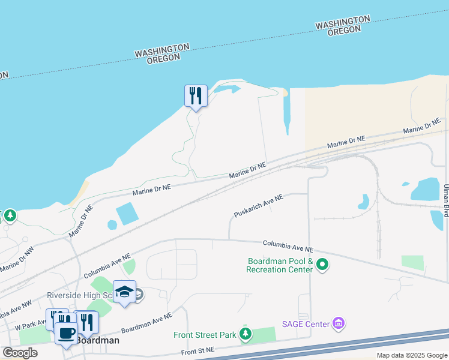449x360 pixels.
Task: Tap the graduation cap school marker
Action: tap(124, 292)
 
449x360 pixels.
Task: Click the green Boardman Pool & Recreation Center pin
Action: tap(322, 264)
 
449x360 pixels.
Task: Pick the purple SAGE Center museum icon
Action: tap(339, 324)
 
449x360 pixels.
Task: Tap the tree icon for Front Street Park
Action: tap(245, 334)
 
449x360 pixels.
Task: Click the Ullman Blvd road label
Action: tap(445, 202)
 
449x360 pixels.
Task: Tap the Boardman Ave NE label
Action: tap(146, 322)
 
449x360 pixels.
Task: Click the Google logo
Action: tap(20, 353)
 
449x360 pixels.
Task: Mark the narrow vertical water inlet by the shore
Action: tap(286, 114)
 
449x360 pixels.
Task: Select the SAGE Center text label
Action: tap(306, 324)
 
